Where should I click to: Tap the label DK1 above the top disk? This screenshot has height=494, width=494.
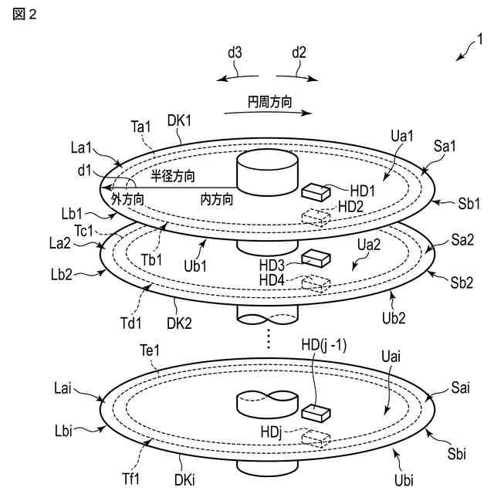click(x=182, y=120)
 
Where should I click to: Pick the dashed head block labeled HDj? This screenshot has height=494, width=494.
click(x=314, y=438)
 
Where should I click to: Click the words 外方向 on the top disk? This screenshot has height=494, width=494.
click(x=127, y=198)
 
